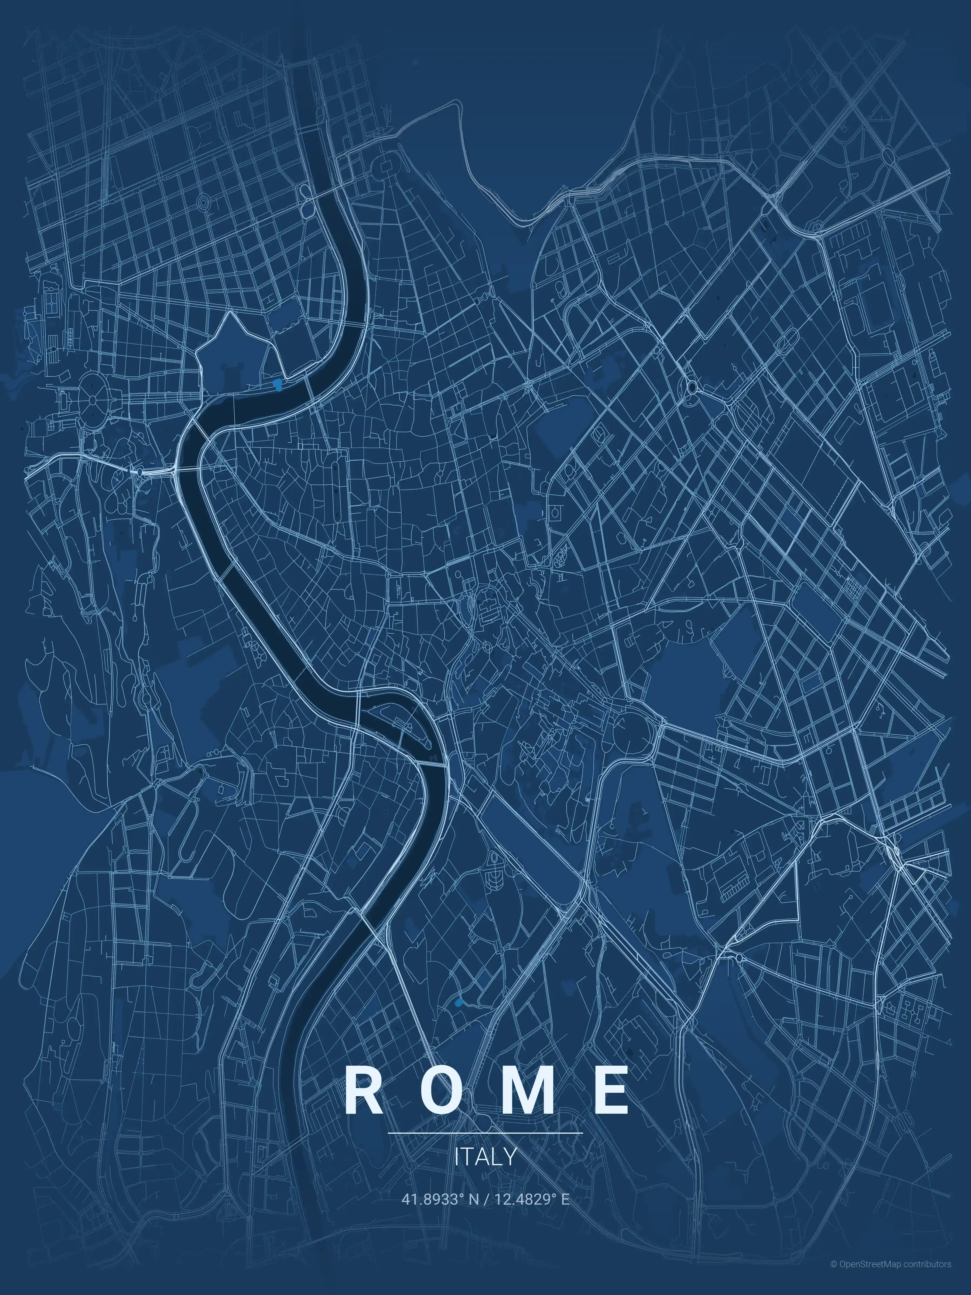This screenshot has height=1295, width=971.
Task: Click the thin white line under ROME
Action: click(x=485, y=1133)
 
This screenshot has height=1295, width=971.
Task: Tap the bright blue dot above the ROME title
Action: click(x=458, y=1003)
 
